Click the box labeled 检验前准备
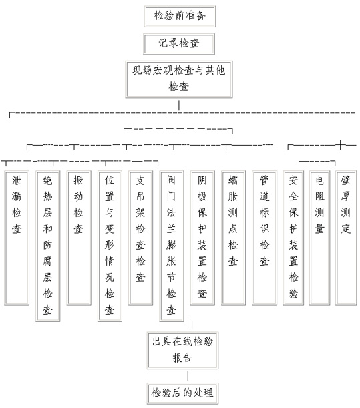[180, 17]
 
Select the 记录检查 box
[179, 44]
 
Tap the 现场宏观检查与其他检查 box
[179, 79]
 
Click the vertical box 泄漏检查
[17, 238]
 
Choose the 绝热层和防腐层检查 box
[48, 246]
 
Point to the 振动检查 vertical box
[79, 238]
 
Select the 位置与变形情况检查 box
[110, 246]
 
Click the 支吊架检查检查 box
[140, 238]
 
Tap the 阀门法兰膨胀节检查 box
[172, 246]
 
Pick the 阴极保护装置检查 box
[202, 238]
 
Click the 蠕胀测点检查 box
[234, 238]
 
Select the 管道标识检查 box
[264, 238]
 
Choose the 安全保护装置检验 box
[293, 238]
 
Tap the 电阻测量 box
[320, 238]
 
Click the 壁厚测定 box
[346, 238]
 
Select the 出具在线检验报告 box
[182, 350]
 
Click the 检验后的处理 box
[182, 393]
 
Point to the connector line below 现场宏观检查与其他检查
[179, 105]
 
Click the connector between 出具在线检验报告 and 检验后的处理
[188, 376]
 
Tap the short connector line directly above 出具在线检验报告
[192, 325]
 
